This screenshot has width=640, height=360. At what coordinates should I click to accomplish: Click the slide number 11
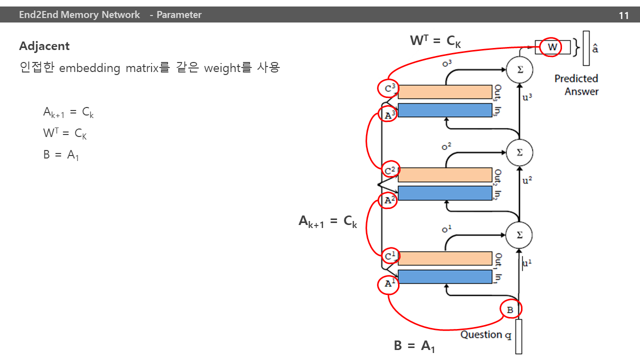coord(623,15)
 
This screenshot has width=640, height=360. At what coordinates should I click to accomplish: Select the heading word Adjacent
coord(44,46)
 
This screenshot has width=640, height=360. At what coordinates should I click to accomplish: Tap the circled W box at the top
coord(550,47)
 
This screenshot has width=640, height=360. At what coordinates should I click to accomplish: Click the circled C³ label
coord(388,88)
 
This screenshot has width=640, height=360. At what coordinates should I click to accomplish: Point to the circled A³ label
coord(387,114)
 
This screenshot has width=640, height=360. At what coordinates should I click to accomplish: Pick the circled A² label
coord(387,199)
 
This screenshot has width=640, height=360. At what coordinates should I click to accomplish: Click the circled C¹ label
coord(390,256)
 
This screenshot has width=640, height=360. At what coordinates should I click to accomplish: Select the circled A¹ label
coord(388,284)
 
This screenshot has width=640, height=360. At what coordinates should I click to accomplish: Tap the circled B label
coord(511,309)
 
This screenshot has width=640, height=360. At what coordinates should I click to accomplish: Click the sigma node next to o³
coord(519,69)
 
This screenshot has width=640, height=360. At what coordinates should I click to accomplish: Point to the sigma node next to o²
coord(519,152)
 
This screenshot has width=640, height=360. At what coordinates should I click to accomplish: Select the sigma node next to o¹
coord(519,235)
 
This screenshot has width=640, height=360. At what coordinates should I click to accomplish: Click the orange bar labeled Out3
coord(445,92)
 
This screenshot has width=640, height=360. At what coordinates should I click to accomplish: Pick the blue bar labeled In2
coord(445,193)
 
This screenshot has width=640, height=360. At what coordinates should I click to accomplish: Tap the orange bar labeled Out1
coord(445,258)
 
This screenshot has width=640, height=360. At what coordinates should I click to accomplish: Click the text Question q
coord(485,335)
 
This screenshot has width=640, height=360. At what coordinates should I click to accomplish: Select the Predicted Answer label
coord(576,85)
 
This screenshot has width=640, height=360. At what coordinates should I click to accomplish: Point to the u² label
coord(527,180)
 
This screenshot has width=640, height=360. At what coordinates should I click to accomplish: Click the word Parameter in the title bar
coord(179,15)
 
